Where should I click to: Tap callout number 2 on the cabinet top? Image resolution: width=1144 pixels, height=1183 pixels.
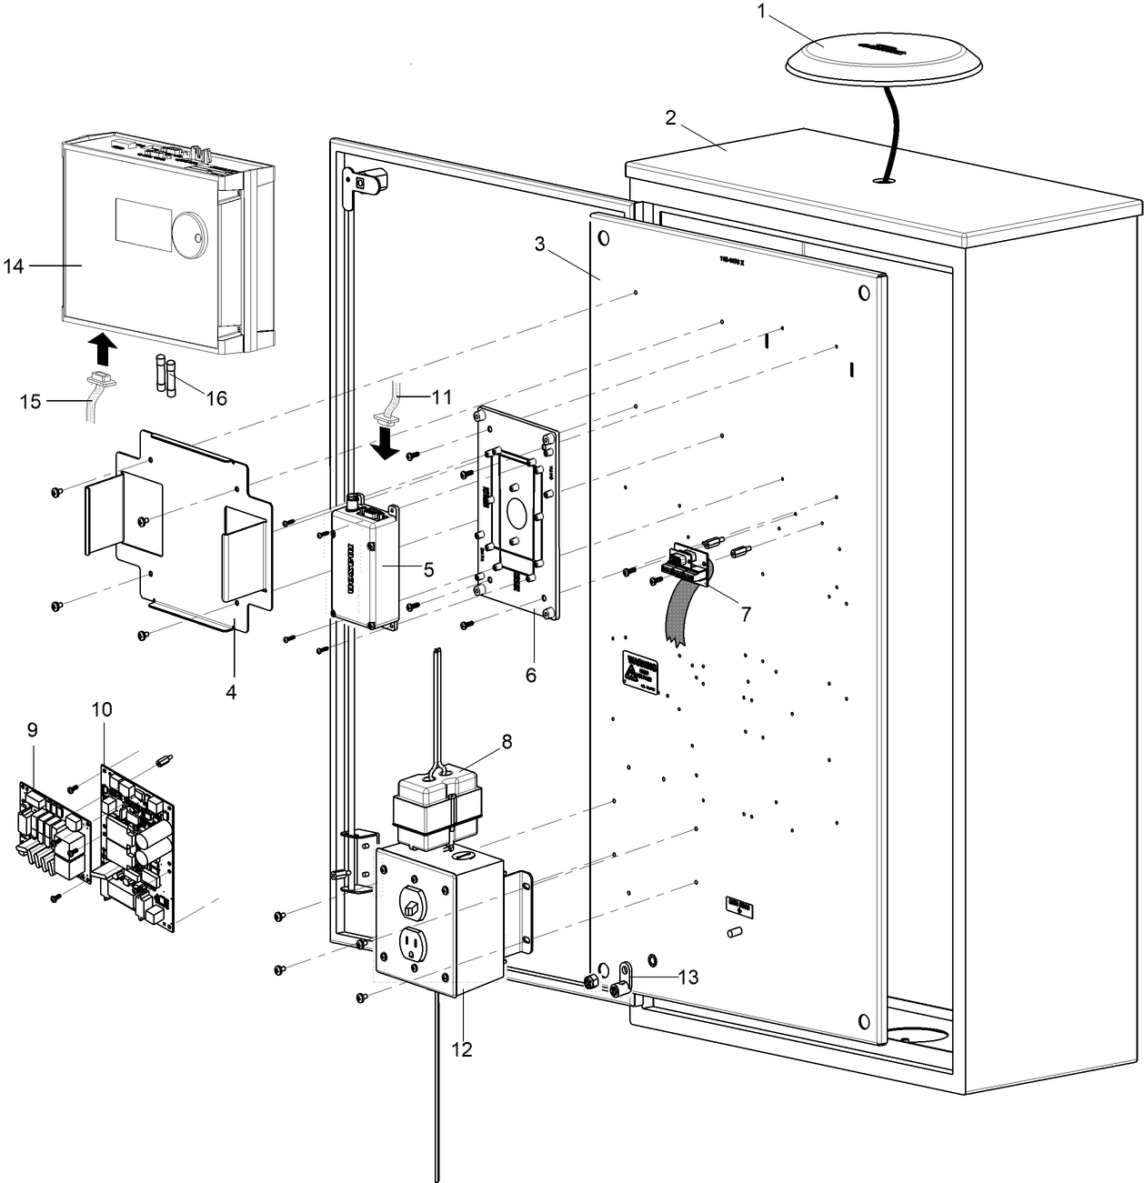click(x=671, y=117)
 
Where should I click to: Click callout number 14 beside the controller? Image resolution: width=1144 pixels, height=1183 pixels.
click(x=13, y=266)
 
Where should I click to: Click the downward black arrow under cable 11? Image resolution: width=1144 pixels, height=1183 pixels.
click(x=389, y=444)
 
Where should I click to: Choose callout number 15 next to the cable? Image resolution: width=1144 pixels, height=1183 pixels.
click(x=31, y=400)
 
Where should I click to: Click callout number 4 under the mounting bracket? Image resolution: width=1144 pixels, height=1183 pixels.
click(x=232, y=692)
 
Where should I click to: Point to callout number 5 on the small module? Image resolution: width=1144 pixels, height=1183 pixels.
click(x=428, y=569)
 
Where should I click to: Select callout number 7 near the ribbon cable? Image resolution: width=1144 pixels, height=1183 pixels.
click(x=745, y=614)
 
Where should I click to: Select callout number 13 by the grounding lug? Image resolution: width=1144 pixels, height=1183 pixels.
click(x=688, y=977)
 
